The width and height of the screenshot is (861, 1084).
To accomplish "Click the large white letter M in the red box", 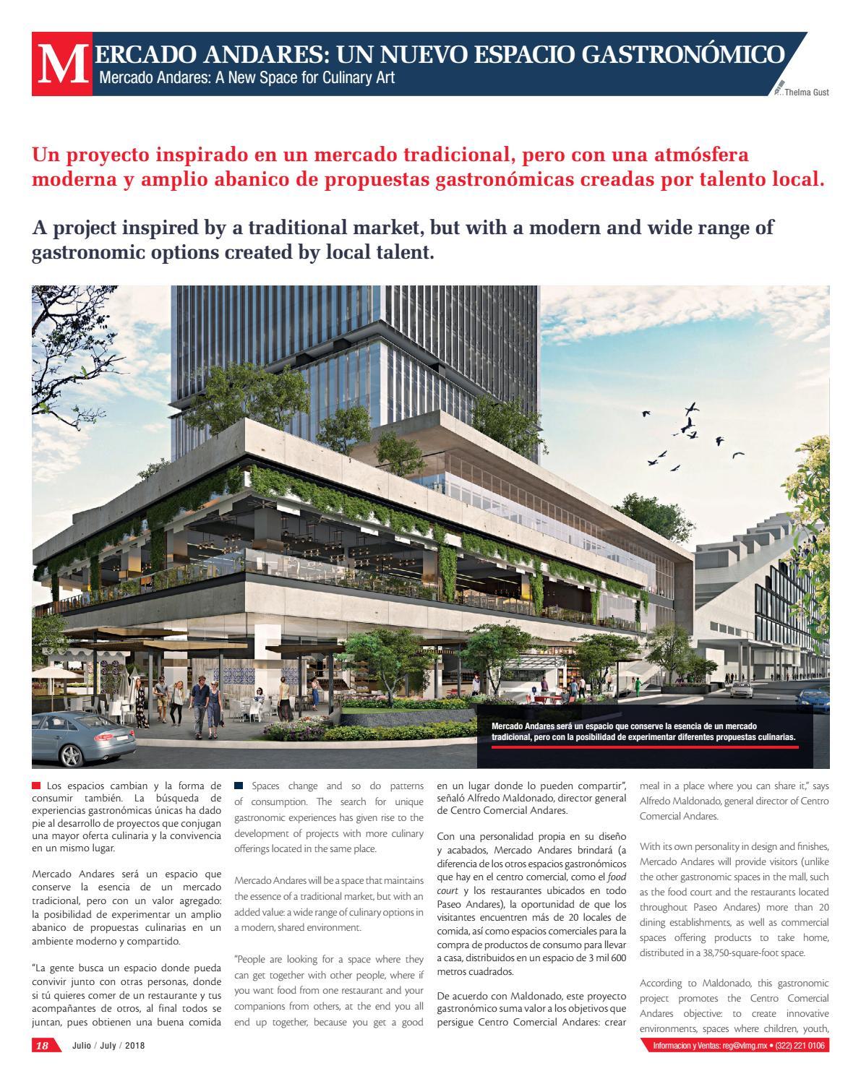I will click(x=61, y=66).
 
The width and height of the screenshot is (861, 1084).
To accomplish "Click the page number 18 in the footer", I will click(x=43, y=1046).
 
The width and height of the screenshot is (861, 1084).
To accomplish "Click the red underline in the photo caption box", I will click(x=644, y=747).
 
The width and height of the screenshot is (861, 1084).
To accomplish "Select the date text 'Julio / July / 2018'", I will click(x=108, y=1046).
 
